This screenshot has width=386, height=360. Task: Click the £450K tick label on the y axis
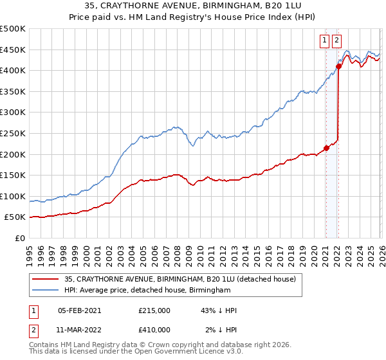[x=13, y=50]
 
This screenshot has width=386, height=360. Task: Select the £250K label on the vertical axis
[x=13, y=134]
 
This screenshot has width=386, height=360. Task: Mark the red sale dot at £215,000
[x=326, y=148]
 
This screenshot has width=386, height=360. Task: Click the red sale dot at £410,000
[x=338, y=66]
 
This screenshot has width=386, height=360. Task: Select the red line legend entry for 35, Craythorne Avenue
[x=179, y=279]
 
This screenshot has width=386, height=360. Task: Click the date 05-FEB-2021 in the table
[x=79, y=310]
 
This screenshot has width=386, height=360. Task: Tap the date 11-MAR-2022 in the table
[x=79, y=329]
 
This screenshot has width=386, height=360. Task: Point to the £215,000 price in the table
[x=154, y=310]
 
